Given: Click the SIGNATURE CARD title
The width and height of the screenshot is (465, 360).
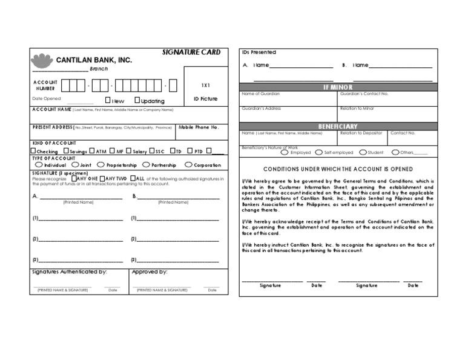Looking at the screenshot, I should (191, 53).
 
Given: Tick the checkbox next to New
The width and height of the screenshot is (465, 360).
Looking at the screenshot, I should (108, 100).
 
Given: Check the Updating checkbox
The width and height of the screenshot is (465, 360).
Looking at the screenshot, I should (137, 100).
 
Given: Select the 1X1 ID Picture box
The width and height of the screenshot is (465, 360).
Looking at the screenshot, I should (205, 92).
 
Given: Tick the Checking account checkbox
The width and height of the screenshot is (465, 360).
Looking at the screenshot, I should (34, 151).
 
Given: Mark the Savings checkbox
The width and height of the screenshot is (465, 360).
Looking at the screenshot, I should (66, 151).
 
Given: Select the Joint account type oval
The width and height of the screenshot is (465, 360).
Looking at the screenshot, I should (75, 164).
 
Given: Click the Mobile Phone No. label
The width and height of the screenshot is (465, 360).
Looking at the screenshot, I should (199, 128).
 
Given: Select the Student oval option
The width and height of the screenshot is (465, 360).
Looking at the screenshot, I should (362, 153).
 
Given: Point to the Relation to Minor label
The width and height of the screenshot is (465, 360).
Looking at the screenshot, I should (357, 108).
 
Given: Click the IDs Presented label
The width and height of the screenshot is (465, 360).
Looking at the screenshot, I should (259, 53).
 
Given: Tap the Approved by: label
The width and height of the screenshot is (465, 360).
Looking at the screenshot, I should (149, 272).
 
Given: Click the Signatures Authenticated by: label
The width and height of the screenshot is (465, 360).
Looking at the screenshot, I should (69, 272).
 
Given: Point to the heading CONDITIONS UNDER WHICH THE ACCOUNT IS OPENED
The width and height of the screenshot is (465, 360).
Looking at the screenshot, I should (338, 169).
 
